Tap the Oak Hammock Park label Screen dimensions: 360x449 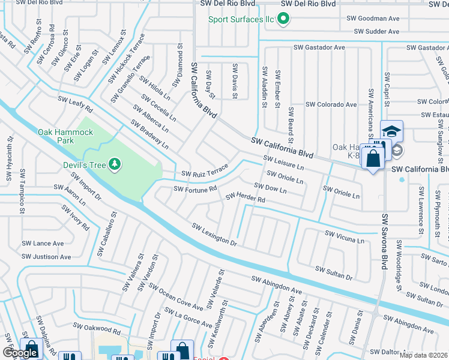(x=65, y=136)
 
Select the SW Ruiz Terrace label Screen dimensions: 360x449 (x=205, y=171)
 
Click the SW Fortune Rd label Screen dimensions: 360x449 (x=195, y=189)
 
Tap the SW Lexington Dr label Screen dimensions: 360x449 (x=215, y=234)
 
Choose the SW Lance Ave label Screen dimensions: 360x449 (x=43, y=244)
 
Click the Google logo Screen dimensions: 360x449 (x=20, y=353)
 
